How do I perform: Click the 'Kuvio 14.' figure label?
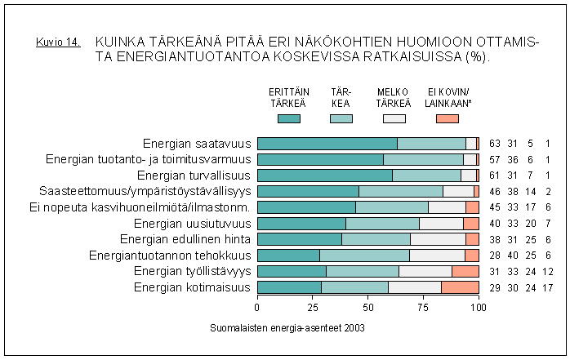coord(58,42)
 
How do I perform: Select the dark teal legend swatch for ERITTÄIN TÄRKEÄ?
coord(288,119)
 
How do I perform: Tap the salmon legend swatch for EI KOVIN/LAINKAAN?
coord(447,119)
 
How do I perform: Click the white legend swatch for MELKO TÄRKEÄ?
coord(394,119)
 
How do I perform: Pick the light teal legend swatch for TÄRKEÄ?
coord(341,119)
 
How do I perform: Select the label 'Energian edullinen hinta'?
coord(185,239)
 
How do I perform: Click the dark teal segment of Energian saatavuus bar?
coord(327,144)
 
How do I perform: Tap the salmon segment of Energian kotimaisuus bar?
coord(460,287)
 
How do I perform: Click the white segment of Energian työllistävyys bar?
coord(425,271)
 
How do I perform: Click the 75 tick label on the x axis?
coord(423,308)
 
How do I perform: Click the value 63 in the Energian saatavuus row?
coord(495,144)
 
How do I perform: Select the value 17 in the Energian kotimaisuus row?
coord(547,287)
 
